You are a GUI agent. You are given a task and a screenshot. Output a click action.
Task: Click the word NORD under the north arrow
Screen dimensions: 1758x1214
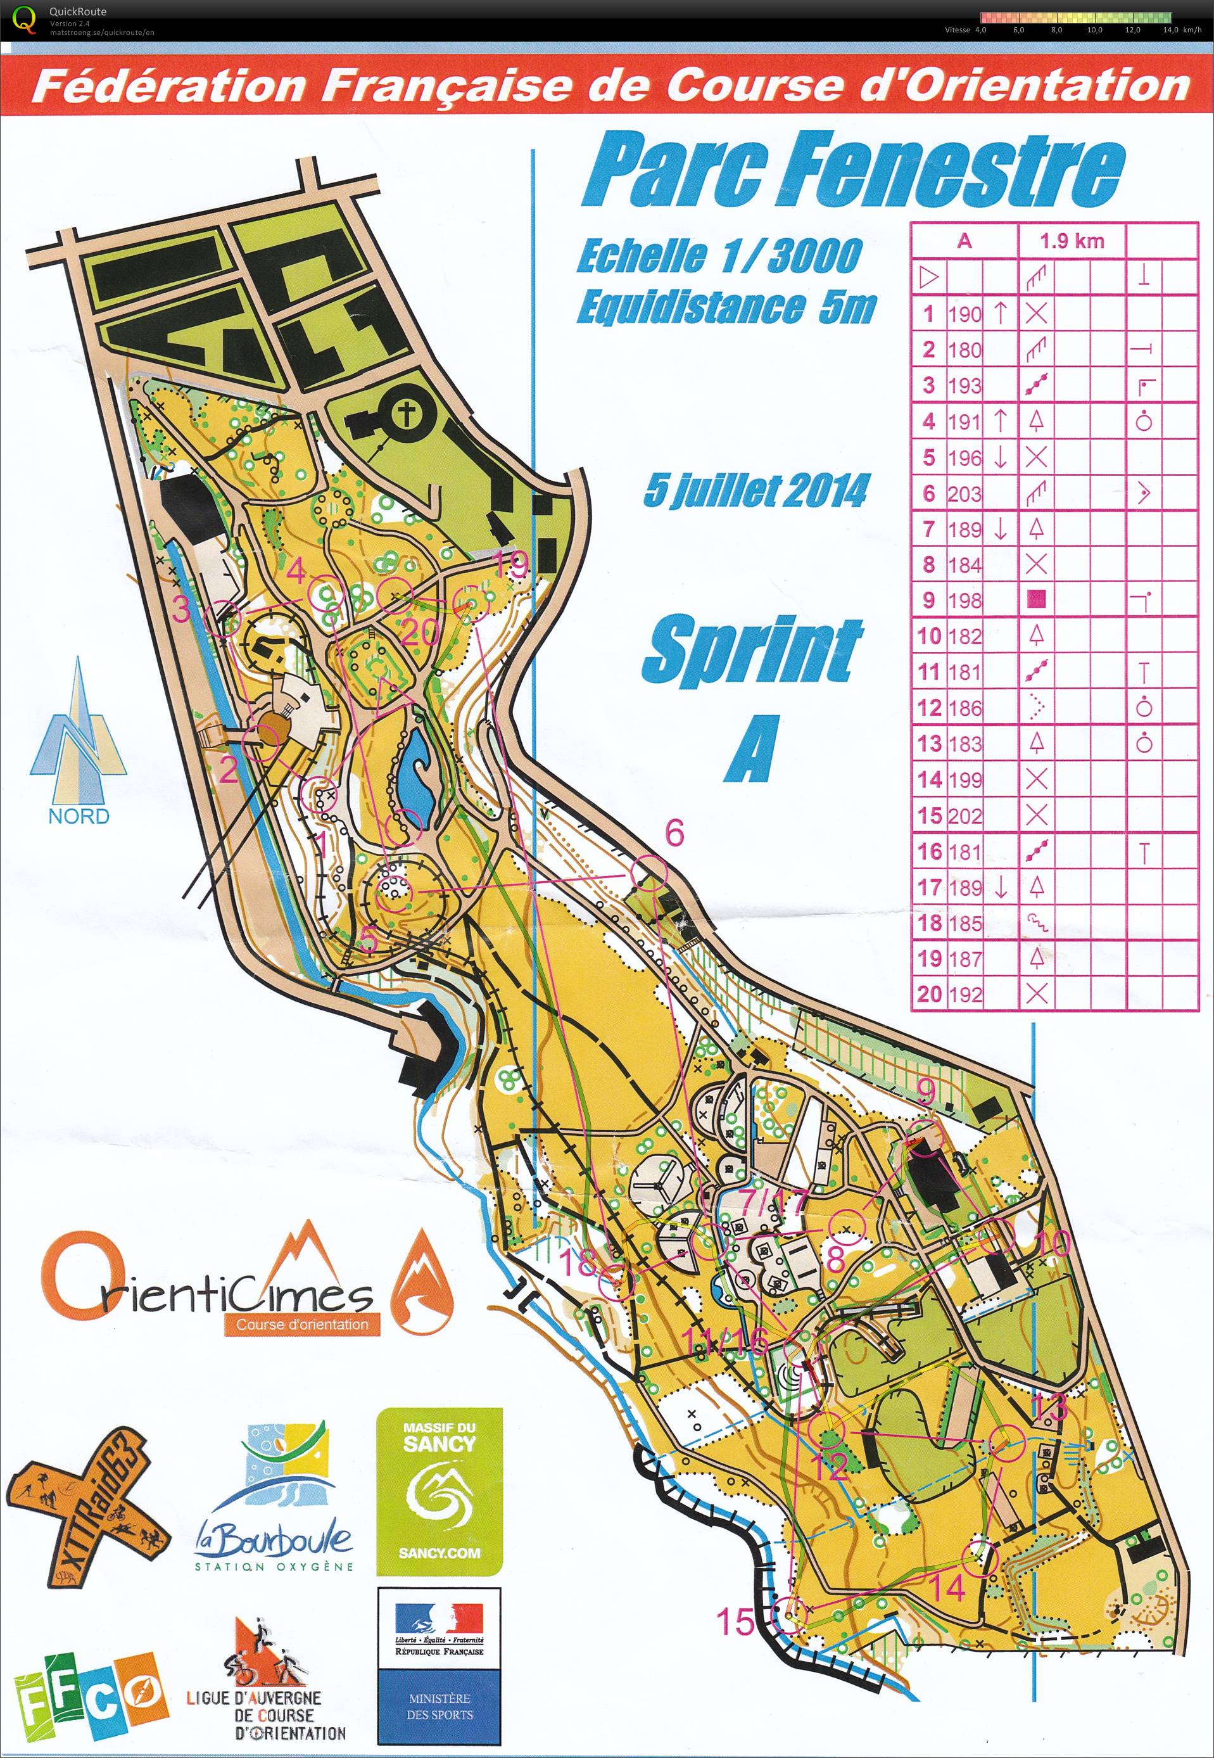(79, 816)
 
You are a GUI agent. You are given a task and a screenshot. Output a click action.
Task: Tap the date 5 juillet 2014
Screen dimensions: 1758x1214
(756, 491)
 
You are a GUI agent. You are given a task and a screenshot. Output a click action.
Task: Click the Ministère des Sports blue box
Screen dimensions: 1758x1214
(439, 1709)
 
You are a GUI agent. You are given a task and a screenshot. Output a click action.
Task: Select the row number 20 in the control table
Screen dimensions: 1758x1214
(929, 993)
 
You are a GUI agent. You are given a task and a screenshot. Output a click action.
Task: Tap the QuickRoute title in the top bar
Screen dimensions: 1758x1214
(78, 11)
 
